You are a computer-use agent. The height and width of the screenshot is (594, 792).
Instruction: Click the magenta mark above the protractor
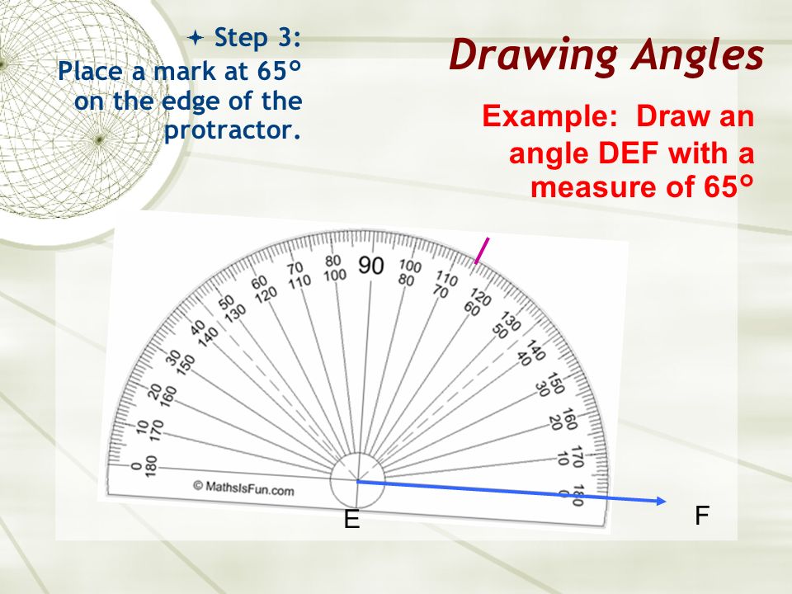[x=482, y=251]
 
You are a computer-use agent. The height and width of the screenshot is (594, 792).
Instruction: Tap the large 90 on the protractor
[x=371, y=266]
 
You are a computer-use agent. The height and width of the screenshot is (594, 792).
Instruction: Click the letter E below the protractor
[x=352, y=521]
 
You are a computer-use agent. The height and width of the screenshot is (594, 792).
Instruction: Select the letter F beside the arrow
[x=701, y=516]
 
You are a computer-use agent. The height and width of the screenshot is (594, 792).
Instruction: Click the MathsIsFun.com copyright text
[x=243, y=488]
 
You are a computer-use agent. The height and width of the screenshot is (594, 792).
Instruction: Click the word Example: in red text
[x=549, y=116]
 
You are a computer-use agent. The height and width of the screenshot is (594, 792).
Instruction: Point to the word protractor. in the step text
[x=232, y=130]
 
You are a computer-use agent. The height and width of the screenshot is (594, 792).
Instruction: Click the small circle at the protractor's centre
[x=357, y=481]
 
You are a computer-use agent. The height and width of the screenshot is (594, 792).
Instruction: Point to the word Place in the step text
[x=88, y=71]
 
